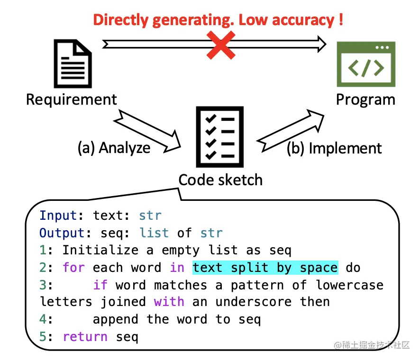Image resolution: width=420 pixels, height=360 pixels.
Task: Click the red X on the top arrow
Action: (221, 45)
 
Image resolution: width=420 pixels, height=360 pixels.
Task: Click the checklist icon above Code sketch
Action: (220, 136)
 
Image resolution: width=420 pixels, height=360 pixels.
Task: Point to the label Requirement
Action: (71, 100)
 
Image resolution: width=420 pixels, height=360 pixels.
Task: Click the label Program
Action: (365, 100)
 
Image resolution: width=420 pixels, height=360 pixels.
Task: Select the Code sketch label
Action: (220, 180)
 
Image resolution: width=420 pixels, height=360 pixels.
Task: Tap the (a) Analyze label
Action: (114, 148)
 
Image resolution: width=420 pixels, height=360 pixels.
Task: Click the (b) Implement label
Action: (334, 148)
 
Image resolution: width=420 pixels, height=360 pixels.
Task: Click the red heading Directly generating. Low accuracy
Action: (218, 20)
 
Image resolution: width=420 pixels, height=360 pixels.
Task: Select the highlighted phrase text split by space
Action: (265, 268)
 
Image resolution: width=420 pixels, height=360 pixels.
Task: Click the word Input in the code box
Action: (58, 216)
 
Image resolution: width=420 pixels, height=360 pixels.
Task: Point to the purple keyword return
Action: (85, 337)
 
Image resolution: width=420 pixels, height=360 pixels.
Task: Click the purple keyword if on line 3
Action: (100, 285)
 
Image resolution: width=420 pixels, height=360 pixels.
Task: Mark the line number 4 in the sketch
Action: (44, 319)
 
